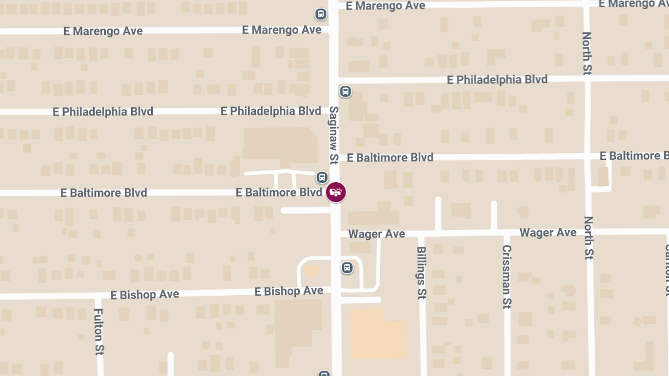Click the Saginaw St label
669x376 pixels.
pos(334,135)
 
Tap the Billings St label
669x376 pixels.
pos(421,273)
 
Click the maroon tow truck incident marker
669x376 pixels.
pos(336,192)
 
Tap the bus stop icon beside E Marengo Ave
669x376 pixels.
pos(321,14)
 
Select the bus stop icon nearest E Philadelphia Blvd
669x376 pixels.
pos(346,91)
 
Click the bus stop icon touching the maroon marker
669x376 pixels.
pos(322,178)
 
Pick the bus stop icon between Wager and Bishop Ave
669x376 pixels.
pos(347,268)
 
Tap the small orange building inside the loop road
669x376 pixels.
pos(312,271)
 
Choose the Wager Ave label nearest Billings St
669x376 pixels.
pos(377,234)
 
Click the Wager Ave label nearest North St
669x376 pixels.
pos(547,232)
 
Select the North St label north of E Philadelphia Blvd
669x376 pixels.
pos(587,53)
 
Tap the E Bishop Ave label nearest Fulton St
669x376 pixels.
pos(144,294)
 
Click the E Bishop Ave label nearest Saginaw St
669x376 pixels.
pos(289,291)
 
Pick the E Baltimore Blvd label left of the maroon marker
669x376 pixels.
pos(279,193)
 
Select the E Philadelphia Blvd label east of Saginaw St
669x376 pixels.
pos(497,80)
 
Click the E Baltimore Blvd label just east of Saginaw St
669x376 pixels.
pos(390,158)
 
